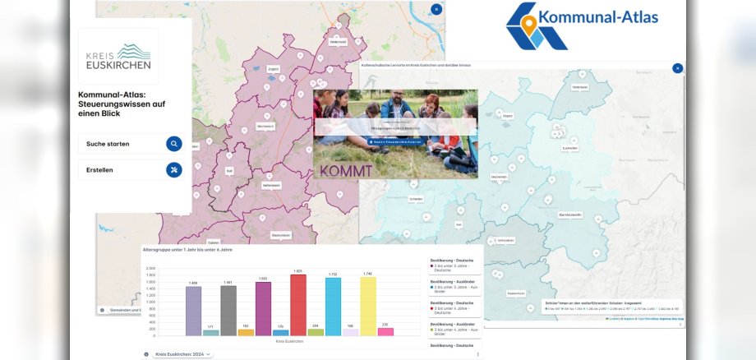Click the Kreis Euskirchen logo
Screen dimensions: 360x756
tap(118, 57)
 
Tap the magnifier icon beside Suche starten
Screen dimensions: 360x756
tap(173, 144)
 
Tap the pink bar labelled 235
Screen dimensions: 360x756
tap(385, 331)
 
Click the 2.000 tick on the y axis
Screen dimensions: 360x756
tap(150, 269)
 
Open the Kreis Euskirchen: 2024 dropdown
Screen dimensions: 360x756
tap(182, 354)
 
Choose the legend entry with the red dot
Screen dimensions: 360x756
tap(455, 307)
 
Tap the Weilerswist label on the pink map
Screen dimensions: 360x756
tap(338, 41)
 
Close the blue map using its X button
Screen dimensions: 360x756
tap(677, 68)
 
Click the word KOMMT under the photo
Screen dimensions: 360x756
tap(346, 171)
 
